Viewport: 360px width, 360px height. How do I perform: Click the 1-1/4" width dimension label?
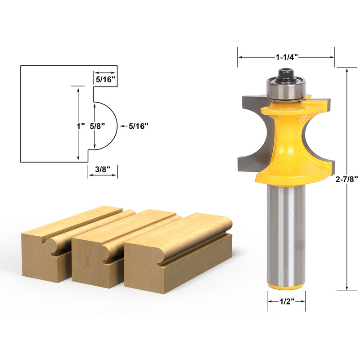[x=287, y=57]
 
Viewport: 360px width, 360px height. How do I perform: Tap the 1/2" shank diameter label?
[x=286, y=301]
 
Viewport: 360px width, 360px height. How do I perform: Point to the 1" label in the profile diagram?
[x=81, y=126]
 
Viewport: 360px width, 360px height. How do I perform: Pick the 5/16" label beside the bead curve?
[x=138, y=126]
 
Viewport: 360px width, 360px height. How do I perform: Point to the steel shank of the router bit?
[x=286, y=234]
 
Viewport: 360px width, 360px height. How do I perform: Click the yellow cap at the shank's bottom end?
[x=286, y=287]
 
